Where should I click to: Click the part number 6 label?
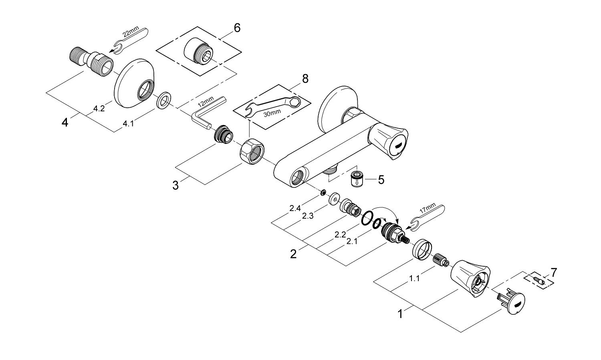[x=237, y=28]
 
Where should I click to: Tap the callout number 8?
[x=305, y=78]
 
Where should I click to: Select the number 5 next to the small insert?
[x=381, y=180]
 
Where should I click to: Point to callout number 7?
[x=553, y=273]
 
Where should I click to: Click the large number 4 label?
[x=65, y=123]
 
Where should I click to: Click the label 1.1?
[x=414, y=279]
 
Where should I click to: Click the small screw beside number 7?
[x=538, y=279]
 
